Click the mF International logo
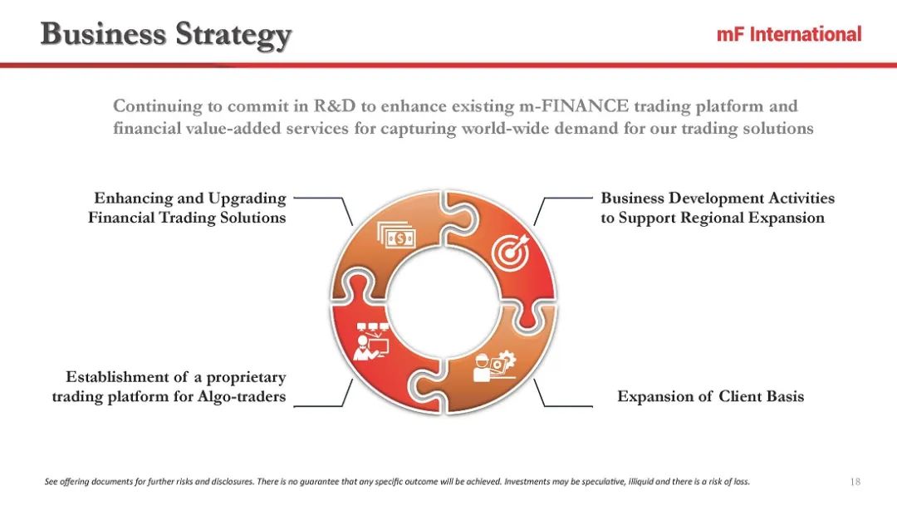[x=789, y=34]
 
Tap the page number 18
[x=855, y=482]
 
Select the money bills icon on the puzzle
[x=396, y=235]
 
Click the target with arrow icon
[x=511, y=252]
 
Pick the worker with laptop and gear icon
[x=495, y=366]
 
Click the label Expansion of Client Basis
[x=710, y=396]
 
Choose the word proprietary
[x=246, y=377]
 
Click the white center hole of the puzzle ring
[x=444, y=302]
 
